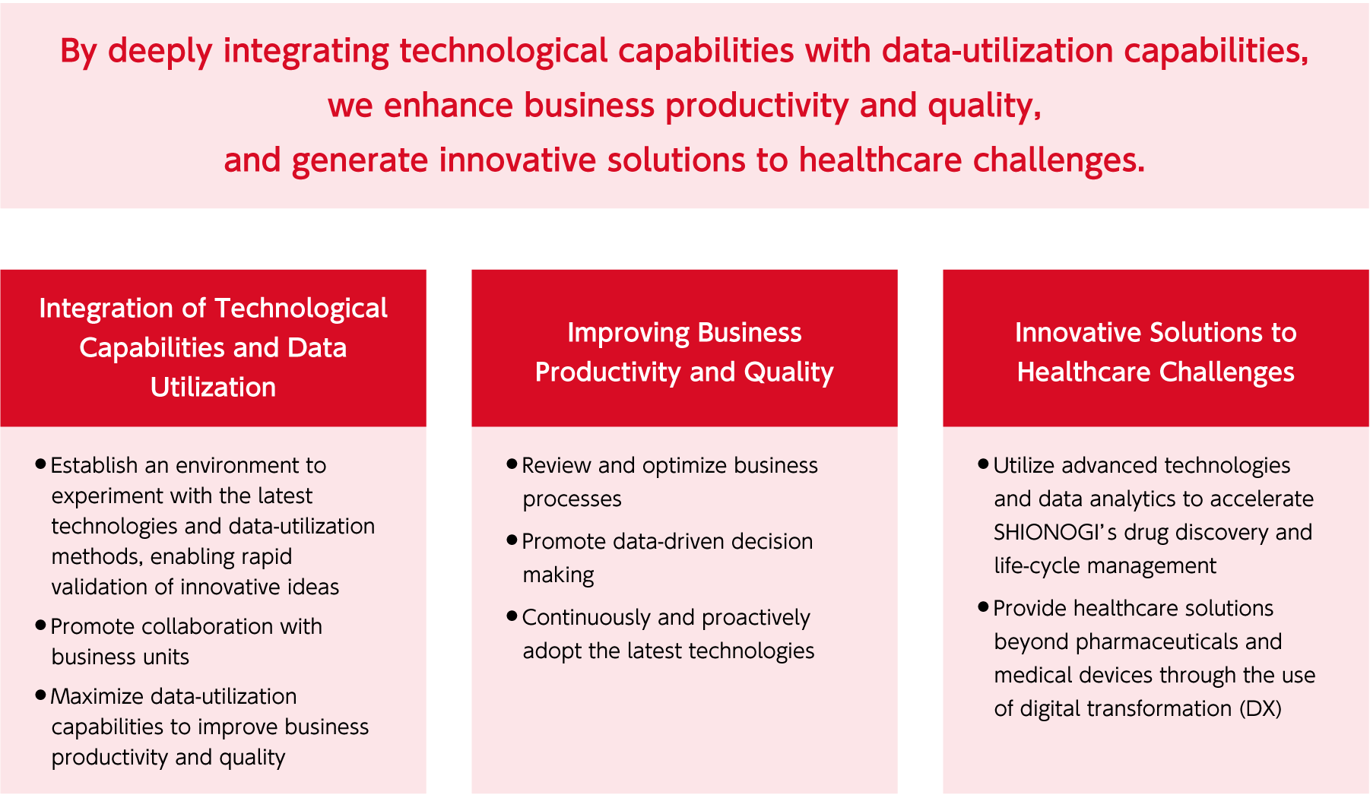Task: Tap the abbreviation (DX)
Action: [1261, 708]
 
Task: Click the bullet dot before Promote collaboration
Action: [41, 625]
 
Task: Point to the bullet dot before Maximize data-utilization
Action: [41, 695]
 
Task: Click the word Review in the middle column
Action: [557, 465]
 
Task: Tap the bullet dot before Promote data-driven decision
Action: [512, 540]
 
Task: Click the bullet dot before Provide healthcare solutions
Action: [984, 606]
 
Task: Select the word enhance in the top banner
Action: [449, 105]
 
